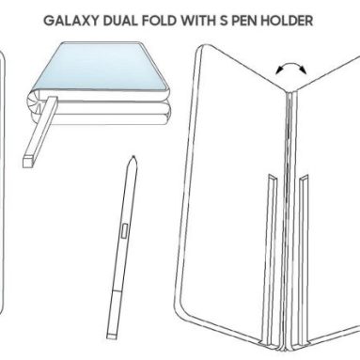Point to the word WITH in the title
click(x=211, y=18)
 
